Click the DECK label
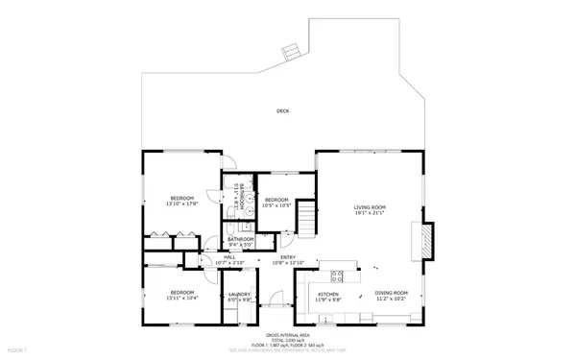coord(282,111)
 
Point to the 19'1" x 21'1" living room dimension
coord(370,213)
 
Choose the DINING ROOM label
coord(391,292)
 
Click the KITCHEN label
coord(329,293)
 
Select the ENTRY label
coord(288,256)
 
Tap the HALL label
coord(229,256)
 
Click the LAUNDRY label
coord(239,294)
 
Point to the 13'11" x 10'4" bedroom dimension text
coord(181,299)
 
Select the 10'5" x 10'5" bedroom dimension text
coord(277,204)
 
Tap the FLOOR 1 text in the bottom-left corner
coord(16,352)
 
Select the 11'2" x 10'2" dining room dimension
coord(391,299)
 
